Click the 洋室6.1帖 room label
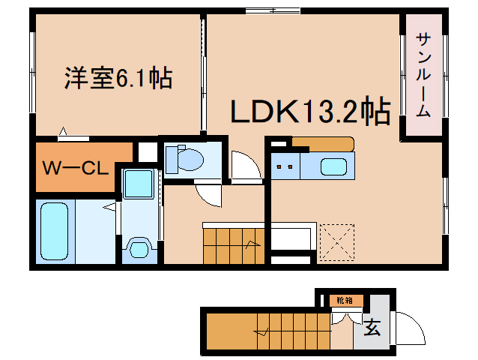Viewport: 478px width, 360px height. coord(118,78)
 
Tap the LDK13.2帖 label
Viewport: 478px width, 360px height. coord(311,110)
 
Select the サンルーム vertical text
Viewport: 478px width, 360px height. coord(423,75)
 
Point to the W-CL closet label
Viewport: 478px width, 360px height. coord(76,168)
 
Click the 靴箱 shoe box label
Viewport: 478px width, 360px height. coord(345,300)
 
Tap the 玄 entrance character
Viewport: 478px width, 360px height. coord(372,327)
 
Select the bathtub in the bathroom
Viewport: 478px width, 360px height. coord(54,231)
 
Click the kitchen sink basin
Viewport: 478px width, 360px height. coord(333,166)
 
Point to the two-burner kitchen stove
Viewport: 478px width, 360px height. coord(285,166)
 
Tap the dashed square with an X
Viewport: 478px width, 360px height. coord(336,242)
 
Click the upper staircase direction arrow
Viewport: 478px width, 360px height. coord(253,244)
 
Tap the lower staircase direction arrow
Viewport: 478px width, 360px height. coord(261,332)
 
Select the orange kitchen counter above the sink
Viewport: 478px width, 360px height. coord(323,144)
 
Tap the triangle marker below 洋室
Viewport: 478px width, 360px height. coord(63,131)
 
